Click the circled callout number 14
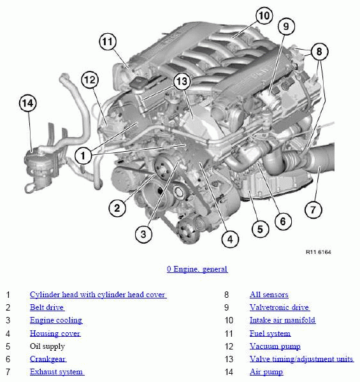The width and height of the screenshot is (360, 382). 28,103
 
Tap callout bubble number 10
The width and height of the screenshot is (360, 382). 264,15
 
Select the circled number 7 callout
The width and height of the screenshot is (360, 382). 313,210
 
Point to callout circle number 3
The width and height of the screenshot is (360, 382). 143,234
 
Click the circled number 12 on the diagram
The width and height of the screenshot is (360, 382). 90,80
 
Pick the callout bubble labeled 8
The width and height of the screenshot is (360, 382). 319,52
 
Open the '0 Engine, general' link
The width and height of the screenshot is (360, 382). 197,269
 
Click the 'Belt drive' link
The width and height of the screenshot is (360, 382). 47,307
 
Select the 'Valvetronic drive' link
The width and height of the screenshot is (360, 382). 280,307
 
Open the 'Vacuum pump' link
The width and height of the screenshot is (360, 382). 275,346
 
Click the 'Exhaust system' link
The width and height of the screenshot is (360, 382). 57,372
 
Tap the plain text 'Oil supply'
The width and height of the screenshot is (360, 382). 47,346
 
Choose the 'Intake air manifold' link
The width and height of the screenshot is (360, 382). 283,320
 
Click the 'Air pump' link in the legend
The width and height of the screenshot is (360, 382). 266,372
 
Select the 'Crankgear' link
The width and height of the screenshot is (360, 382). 48,359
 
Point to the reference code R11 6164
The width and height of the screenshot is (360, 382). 319,252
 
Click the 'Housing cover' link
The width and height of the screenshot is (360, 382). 55,334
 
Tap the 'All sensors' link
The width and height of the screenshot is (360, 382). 269,295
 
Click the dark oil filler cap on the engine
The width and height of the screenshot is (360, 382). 138,83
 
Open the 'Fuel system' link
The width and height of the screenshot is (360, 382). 270,334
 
